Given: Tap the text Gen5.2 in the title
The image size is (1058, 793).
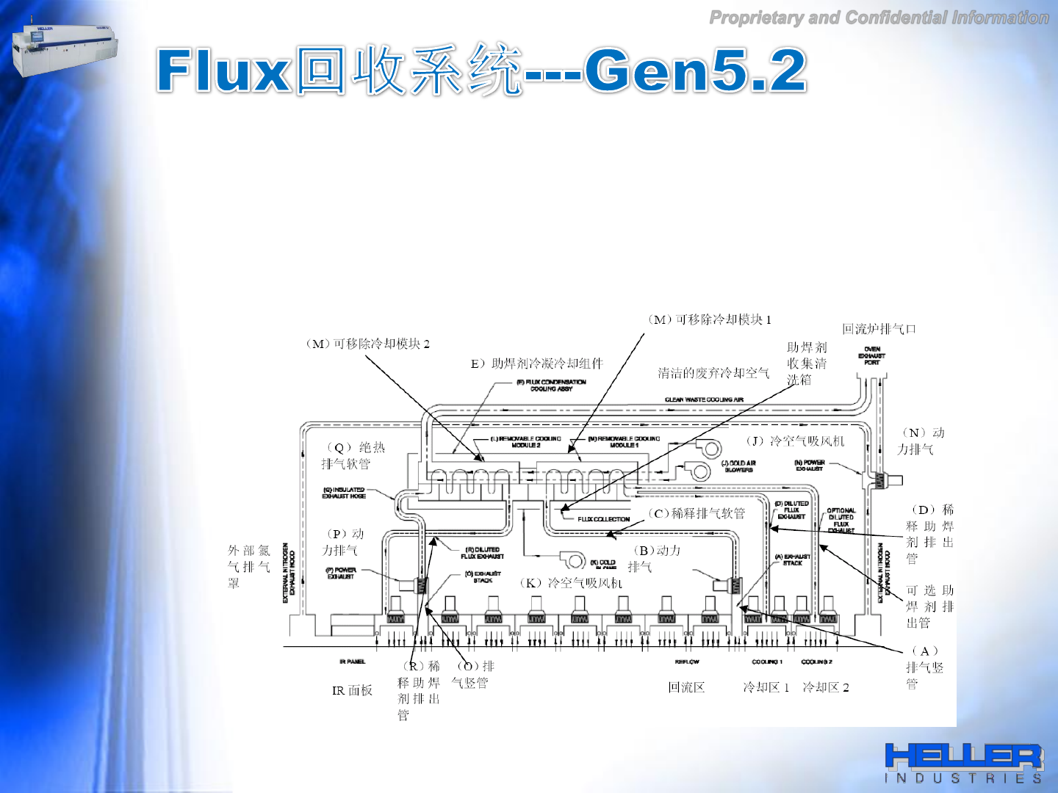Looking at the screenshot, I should point(695,70).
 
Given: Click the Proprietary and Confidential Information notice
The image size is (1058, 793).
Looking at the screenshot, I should point(879,18).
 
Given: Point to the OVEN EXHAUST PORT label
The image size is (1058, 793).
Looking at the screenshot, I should point(872,356).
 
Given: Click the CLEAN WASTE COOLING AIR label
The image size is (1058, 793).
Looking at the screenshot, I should point(704,399).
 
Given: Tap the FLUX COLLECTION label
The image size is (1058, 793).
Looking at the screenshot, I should point(603,519).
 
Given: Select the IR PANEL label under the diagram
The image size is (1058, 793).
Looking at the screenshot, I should point(352,662).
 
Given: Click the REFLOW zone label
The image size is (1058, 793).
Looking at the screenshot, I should point(687,662).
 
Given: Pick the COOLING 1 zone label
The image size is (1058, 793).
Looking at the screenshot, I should point(767,662).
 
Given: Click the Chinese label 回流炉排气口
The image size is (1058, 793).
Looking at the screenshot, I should point(879,329).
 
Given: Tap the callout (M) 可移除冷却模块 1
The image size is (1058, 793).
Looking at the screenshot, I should point(709,319).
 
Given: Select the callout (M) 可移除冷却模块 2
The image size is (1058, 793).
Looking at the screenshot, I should point(367,344).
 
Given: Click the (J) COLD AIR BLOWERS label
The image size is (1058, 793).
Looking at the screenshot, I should point(738,466).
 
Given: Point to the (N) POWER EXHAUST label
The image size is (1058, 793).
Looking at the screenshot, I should point(810,466).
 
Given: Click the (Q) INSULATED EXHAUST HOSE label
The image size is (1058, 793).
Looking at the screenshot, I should point(344,493).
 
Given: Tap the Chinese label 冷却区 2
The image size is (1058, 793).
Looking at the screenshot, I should point(825,687).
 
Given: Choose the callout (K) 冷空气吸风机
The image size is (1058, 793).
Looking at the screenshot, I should point(571,583).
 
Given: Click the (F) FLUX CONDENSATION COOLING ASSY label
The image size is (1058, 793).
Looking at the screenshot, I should point(551,385).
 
